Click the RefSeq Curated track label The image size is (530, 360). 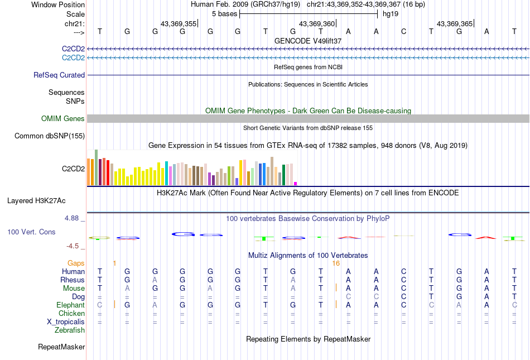click(x=59, y=75)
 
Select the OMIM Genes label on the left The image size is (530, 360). click(x=62, y=118)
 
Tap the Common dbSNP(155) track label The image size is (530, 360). click(x=50, y=136)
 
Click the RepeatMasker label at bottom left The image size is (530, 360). click(x=61, y=347)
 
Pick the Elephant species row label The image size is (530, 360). click(x=70, y=305)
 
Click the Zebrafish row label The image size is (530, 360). click(x=70, y=330)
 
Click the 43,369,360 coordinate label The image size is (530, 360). click(x=317, y=24)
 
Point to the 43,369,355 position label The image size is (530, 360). click(x=179, y=24)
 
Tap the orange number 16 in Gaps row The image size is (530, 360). click(x=336, y=263)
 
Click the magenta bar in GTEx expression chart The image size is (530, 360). click(x=296, y=183)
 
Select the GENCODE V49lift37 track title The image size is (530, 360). click(x=308, y=41)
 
